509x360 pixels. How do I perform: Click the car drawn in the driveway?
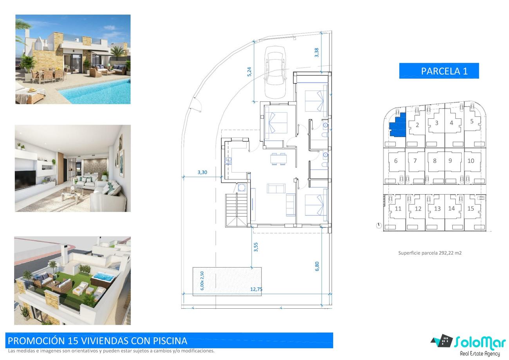[x=275, y=72]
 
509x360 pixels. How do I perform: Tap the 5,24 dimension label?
[x=249, y=72]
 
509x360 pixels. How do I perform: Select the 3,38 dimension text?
[x=316, y=52]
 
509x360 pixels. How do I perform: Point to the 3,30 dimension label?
[x=202, y=172]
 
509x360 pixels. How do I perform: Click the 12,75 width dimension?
[x=256, y=289]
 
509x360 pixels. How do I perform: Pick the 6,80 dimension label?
[x=317, y=266]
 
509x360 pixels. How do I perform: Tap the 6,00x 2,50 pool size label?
[x=202, y=281]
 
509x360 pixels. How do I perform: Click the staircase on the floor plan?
[x=236, y=210]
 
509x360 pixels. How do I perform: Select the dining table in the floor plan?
[x=278, y=159]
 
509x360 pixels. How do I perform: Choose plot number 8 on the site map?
[x=435, y=161]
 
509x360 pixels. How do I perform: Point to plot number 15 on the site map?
[x=471, y=208]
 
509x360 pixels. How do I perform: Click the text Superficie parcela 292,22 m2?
[x=430, y=253]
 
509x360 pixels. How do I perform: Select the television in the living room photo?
[x=25, y=180]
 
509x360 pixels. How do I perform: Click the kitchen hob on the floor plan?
[x=228, y=161]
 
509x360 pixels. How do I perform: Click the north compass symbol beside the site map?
[x=379, y=226]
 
